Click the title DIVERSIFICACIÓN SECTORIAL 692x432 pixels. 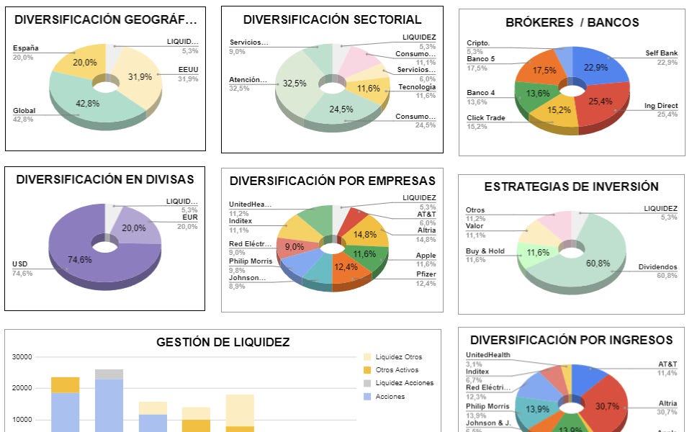point(332,19)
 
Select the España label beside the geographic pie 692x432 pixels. point(25,48)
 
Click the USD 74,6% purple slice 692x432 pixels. point(79,259)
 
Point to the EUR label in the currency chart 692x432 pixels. point(187,218)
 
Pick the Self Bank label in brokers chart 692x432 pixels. point(662,53)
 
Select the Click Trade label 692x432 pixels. point(485,118)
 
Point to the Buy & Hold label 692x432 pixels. point(485,251)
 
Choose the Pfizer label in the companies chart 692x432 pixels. point(426,274)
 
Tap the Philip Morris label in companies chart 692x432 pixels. point(251,261)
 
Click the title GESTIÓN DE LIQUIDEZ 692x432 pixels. point(223,343)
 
